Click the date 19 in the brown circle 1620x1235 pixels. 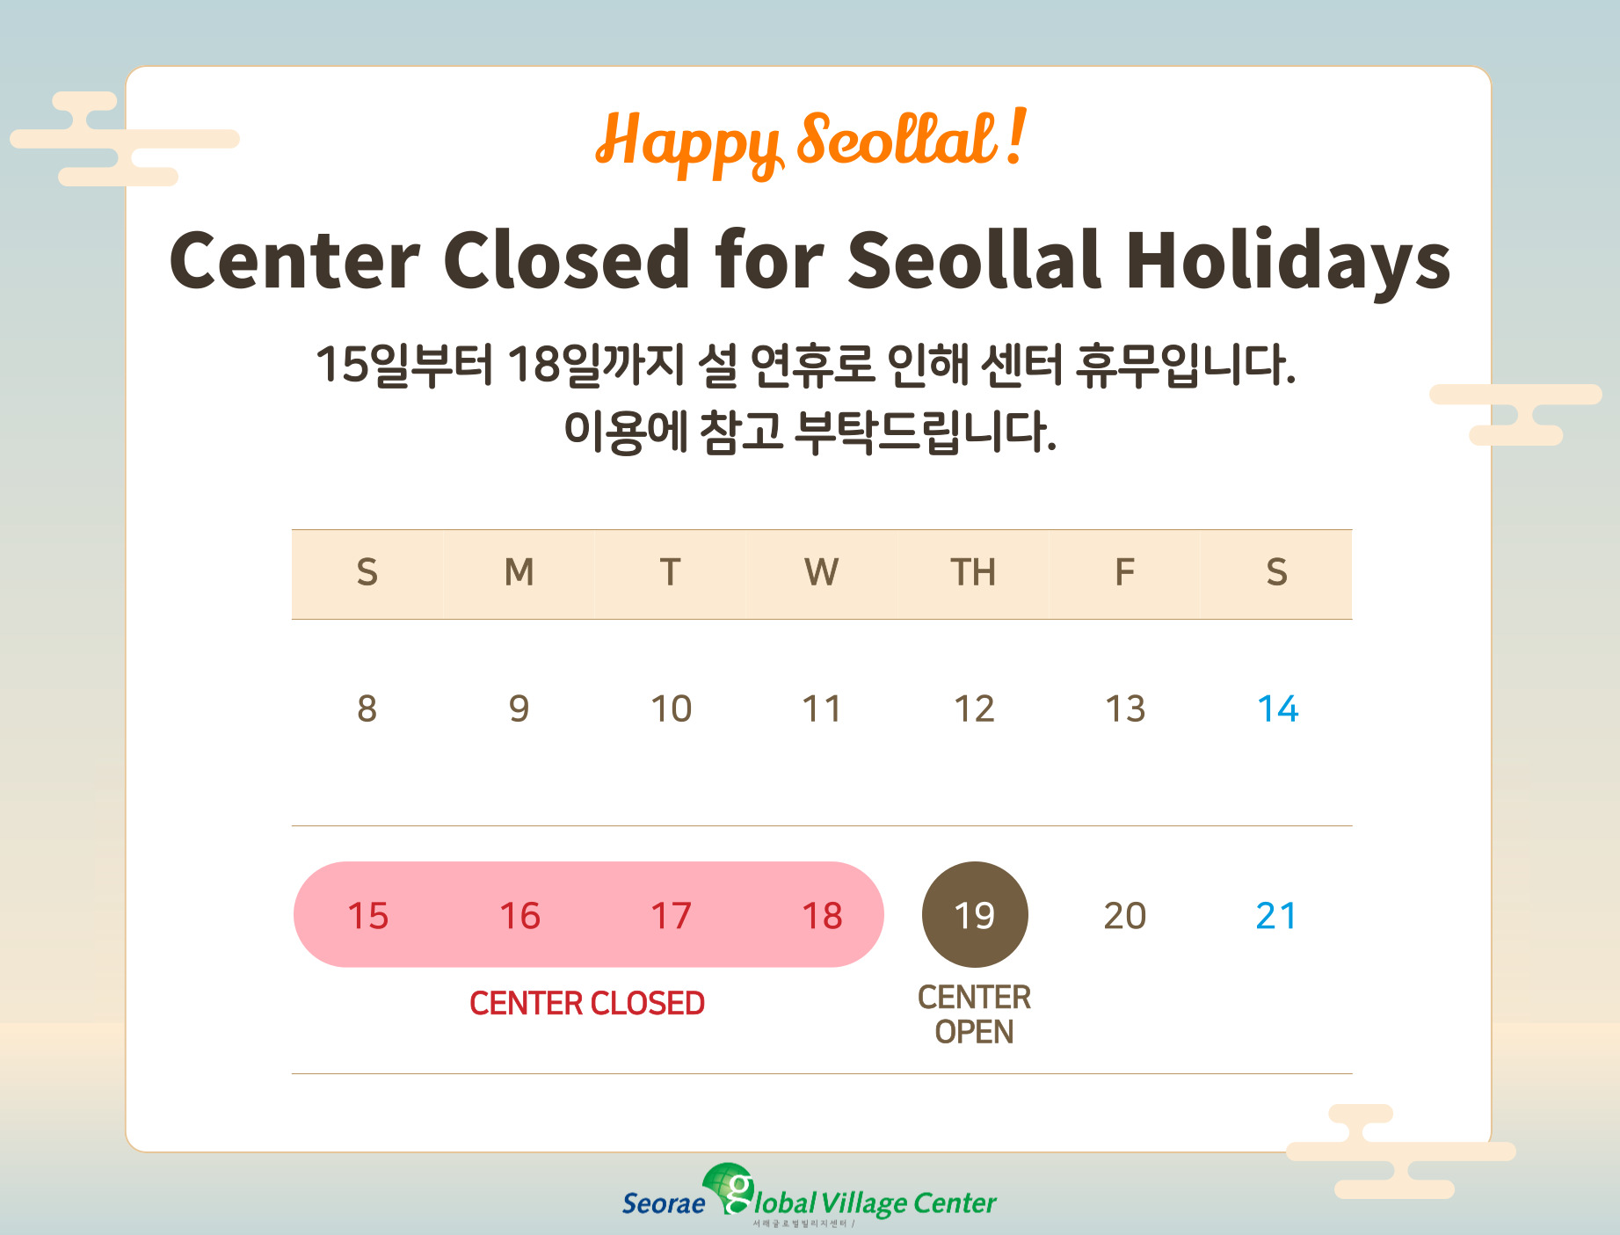pyautogui.click(x=974, y=915)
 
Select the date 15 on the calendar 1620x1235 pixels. pyautogui.click(x=367, y=916)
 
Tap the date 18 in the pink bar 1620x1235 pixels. pyautogui.click(x=822, y=916)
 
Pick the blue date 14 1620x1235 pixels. pyautogui.click(x=1277, y=708)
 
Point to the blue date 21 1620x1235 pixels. pyautogui.click(x=1276, y=916)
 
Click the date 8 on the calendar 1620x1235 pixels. pyautogui.click(x=367, y=708)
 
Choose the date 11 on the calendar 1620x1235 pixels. pyautogui.click(x=822, y=708)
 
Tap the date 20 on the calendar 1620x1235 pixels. pyautogui.click(x=1125, y=916)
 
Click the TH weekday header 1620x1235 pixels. pyautogui.click(x=973, y=572)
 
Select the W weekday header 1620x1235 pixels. pyautogui.click(x=821, y=572)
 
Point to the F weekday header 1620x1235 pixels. pyautogui.click(x=1124, y=572)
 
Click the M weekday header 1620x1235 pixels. pyautogui.click(x=519, y=572)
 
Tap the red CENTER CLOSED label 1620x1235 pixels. pyautogui.click(x=587, y=1003)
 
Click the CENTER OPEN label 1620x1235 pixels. pyautogui.click(x=974, y=1014)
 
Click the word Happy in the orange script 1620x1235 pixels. pyautogui.click(x=689, y=142)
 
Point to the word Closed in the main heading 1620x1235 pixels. pyautogui.click(x=566, y=259)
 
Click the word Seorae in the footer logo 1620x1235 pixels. pyautogui.click(x=664, y=1203)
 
